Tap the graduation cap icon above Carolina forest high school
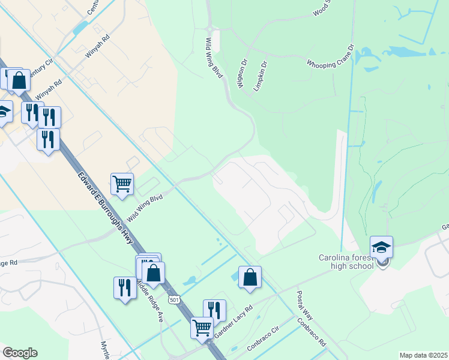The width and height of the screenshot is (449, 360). pyautogui.click(x=381, y=247)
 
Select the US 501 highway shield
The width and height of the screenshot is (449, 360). pyautogui.click(x=174, y=299)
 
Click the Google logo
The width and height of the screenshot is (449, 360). pyautogui.click(x=20, y=353)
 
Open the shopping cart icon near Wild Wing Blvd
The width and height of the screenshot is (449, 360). pyautogui.click(x=122, y=184)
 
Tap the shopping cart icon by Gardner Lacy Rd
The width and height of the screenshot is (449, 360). pyautogui.click(x=202, y=327)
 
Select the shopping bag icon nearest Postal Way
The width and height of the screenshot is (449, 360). pyautogui.click(x=250, y=277)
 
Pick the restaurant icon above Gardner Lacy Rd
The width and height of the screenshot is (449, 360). pyautogui.click(x=214, y=310)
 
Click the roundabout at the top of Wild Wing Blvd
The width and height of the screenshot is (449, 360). pyautogui.click(x=209, y=28)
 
